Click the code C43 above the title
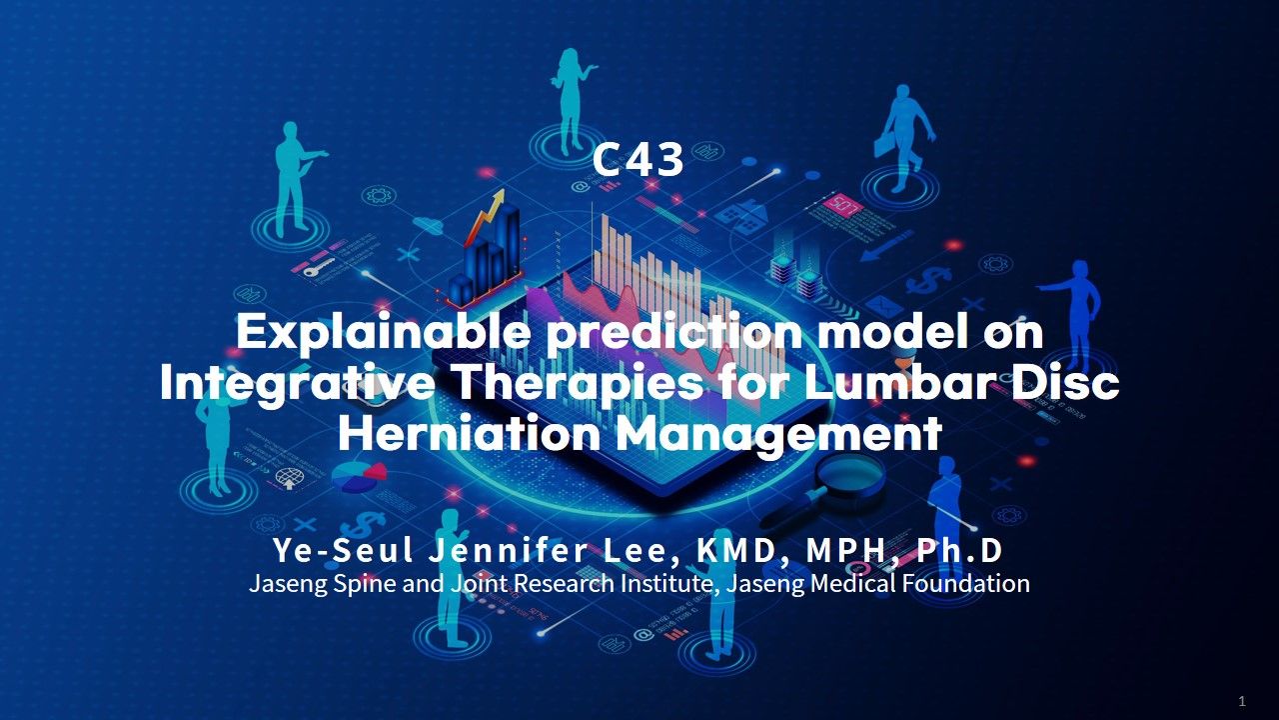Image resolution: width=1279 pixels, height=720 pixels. click(x=638, y=159)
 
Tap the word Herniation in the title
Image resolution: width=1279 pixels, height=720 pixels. click(x=470, y=434)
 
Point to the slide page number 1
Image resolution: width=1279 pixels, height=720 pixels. click(x=1242, y=701)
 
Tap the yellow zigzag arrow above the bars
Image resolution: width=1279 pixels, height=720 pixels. click(x=485, y=215)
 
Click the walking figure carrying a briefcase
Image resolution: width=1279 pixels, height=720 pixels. click(x=903, y=137)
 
